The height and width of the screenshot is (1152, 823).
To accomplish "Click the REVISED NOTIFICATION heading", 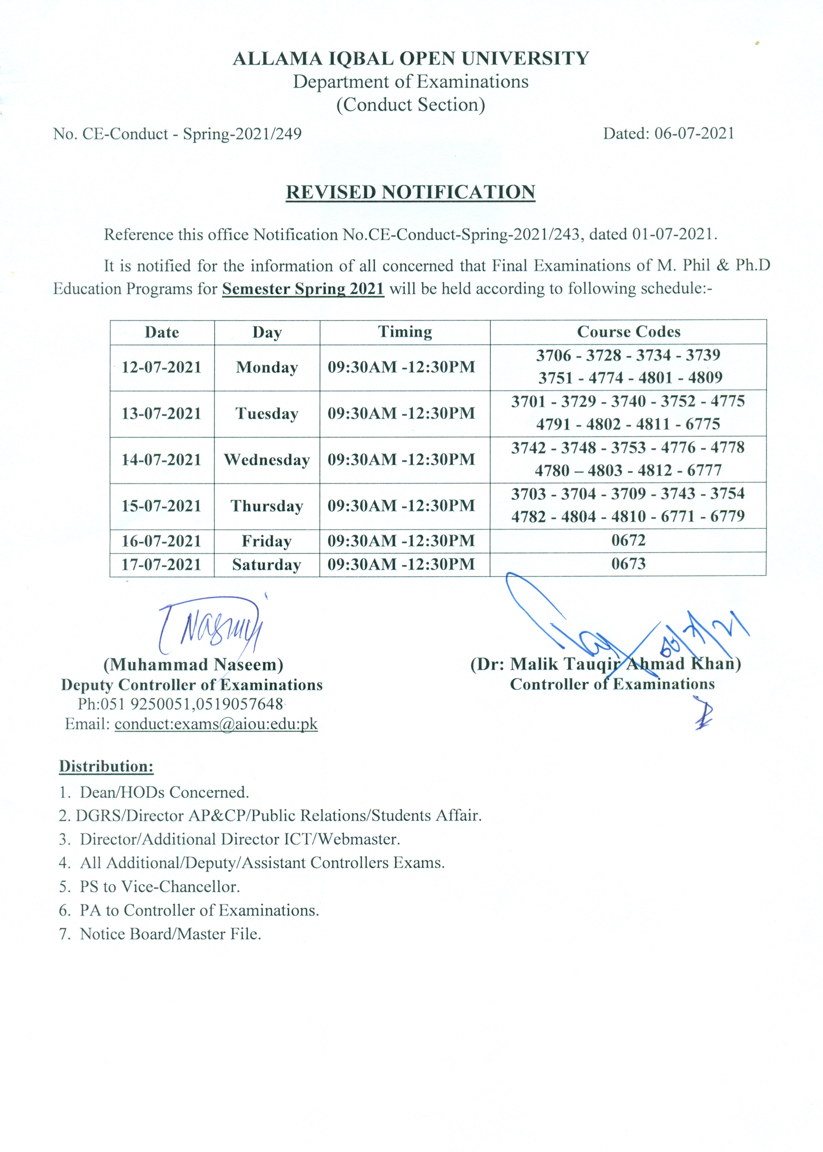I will click(x=410, y=192).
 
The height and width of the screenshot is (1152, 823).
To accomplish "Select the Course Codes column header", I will click(x=628, y=332).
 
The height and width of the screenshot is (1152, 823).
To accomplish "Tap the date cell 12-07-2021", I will click(x=162, y=367).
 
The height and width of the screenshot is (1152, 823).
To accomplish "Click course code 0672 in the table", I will click(x=628, y=540).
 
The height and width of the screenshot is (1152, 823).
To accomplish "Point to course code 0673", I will click(x=628, y=564).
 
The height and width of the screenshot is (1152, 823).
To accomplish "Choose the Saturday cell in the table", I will click(x=267, y=565).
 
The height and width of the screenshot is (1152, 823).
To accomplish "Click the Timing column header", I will click(x=405, y=332).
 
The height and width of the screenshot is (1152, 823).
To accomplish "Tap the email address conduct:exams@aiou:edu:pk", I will click(x=216, y=724).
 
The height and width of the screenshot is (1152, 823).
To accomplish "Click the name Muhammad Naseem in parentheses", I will click(x=193, y=664).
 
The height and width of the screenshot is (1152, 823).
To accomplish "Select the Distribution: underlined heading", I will click(x=106, y=766).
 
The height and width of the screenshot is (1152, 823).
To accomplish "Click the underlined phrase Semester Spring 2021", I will click(x=303, y=289).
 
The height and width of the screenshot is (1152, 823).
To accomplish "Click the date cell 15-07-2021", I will click(x=162, y=506).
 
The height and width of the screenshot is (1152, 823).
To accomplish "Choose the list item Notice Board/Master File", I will click(x=170, y=934).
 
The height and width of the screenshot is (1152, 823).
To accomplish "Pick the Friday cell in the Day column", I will click(x=267, y=541).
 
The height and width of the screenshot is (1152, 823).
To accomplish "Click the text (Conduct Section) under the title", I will click(x=410, y=105).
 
